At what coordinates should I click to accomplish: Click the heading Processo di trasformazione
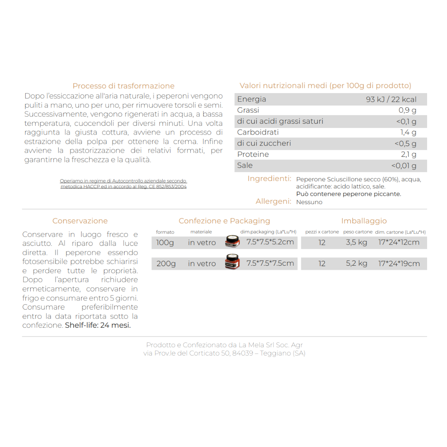[123, 86]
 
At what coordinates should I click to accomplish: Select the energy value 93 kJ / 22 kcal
[391, 99]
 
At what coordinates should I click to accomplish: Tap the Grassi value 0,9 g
[407, 111]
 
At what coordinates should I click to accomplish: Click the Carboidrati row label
[258, 132]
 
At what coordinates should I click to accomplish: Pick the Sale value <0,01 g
[404, 166]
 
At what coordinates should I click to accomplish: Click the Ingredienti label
[269, 179]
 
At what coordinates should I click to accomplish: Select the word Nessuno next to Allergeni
[309, 202]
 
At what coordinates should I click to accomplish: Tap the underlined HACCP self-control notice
[123, 184]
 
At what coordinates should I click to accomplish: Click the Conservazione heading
[80, 221]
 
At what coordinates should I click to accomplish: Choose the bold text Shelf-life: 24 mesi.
[98, 325]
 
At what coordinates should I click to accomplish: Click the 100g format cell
[165, 243]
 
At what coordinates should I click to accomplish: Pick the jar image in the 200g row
[232, 262]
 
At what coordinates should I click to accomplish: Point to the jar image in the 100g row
[232, 241]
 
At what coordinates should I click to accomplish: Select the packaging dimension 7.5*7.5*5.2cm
[270, 242]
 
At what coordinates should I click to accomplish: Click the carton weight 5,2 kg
[356, 264]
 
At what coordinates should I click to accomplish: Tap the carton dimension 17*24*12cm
[399, 243]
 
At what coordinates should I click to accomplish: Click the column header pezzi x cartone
[322, 232]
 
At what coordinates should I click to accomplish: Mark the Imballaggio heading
[364, 221]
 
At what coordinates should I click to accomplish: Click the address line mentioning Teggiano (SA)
[224, 353]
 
